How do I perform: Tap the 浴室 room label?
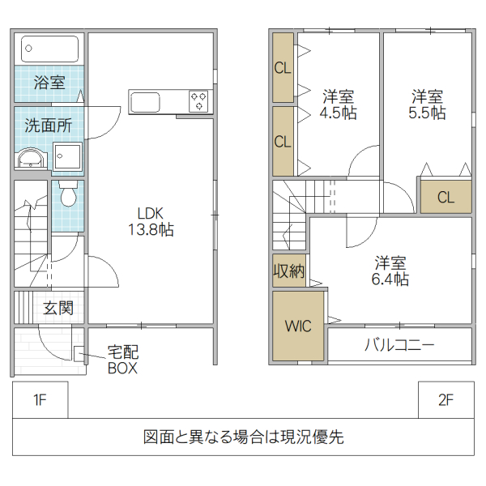point(49,83)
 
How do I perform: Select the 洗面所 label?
point(47,126)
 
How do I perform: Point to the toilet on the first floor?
point(66,194)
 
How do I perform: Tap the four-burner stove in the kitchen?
point(199,101)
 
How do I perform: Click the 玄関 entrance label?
point(58,308)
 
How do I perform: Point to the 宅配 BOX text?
point(123,360)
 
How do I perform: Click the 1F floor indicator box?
point(40,399)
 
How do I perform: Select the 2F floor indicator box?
point(446,399)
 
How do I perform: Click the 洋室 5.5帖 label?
point(426,104)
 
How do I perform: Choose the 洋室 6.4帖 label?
point(390,271)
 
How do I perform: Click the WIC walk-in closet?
point(298,326)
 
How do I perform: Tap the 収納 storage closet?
point(288,271)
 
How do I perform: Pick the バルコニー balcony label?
point(399,345)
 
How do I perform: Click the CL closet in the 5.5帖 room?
point(445,197)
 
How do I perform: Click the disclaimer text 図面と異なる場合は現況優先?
point(243,437)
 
